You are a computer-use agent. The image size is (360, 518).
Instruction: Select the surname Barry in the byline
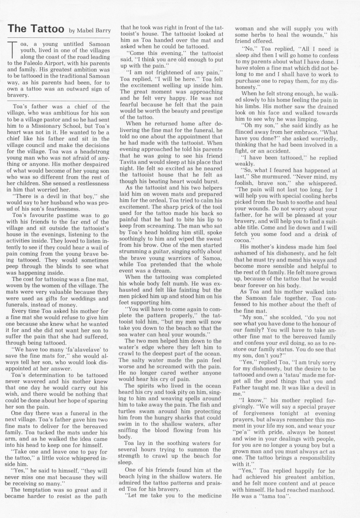(103, 31)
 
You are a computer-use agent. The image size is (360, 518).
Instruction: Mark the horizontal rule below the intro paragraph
(58, 100)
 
